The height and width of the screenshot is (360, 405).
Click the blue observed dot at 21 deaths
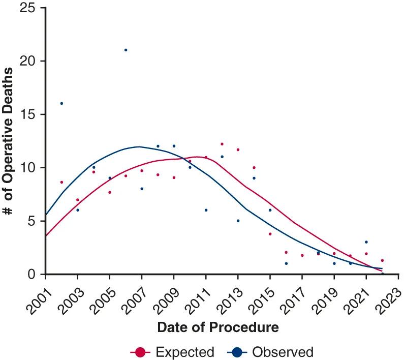126,50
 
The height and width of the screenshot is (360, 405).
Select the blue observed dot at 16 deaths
61,103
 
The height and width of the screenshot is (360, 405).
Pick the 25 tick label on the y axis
27,8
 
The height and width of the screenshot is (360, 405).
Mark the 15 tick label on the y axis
27,114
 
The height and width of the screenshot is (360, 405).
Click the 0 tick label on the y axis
31,275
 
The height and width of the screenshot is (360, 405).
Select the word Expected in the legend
185,352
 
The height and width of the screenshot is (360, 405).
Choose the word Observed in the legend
283,352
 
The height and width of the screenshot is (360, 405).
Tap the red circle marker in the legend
140,352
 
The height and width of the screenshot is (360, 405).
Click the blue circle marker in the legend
237,352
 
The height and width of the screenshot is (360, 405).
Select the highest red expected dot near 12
222,144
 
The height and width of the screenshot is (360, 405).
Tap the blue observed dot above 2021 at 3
366,242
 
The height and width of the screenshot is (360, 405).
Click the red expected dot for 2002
61,182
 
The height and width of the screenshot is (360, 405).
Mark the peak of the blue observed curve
139,147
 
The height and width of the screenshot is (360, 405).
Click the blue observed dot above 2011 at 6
206,210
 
